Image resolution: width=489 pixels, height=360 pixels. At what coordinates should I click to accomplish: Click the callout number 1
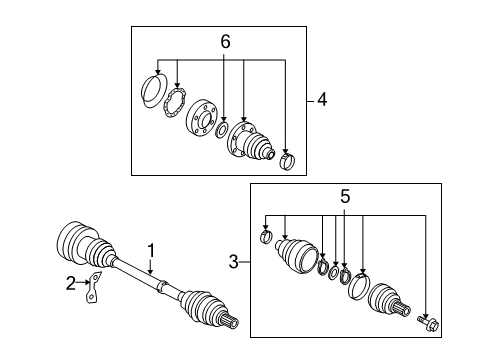[151, 251]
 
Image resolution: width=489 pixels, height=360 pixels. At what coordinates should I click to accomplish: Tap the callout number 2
[71, 283]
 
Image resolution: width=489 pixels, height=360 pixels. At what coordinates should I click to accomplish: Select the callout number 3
[234, 262]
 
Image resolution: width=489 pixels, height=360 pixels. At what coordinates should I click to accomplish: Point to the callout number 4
[322, 100]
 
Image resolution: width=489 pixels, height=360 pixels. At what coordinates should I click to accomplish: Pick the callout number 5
[345, 196]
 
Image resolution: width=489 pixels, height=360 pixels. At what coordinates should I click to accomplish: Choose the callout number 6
[225, 42]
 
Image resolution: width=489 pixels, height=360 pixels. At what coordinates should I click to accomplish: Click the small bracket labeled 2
[94, 288]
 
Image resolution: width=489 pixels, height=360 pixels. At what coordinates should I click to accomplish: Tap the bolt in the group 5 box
[428, 323]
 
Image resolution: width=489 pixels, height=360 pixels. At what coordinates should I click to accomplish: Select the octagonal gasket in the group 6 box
[174, 102]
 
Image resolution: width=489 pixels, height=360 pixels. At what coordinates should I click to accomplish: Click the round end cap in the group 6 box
[154, 91]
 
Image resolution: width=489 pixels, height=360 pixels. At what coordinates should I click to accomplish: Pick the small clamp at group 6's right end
[288, 161]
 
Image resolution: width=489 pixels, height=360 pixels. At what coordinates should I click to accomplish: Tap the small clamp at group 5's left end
[266, 236]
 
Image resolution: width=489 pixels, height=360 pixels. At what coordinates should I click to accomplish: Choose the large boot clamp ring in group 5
[359, 286]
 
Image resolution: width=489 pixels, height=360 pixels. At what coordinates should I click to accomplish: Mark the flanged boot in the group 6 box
[251, 141]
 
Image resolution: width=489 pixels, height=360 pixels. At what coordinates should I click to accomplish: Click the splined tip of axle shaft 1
[230, 322]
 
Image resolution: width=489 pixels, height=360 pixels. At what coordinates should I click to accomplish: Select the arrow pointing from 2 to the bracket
[83, 282]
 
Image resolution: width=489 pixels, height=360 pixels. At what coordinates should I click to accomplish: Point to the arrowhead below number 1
[150, 272]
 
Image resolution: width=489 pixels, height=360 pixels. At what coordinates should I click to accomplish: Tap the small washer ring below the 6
[222, 130]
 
